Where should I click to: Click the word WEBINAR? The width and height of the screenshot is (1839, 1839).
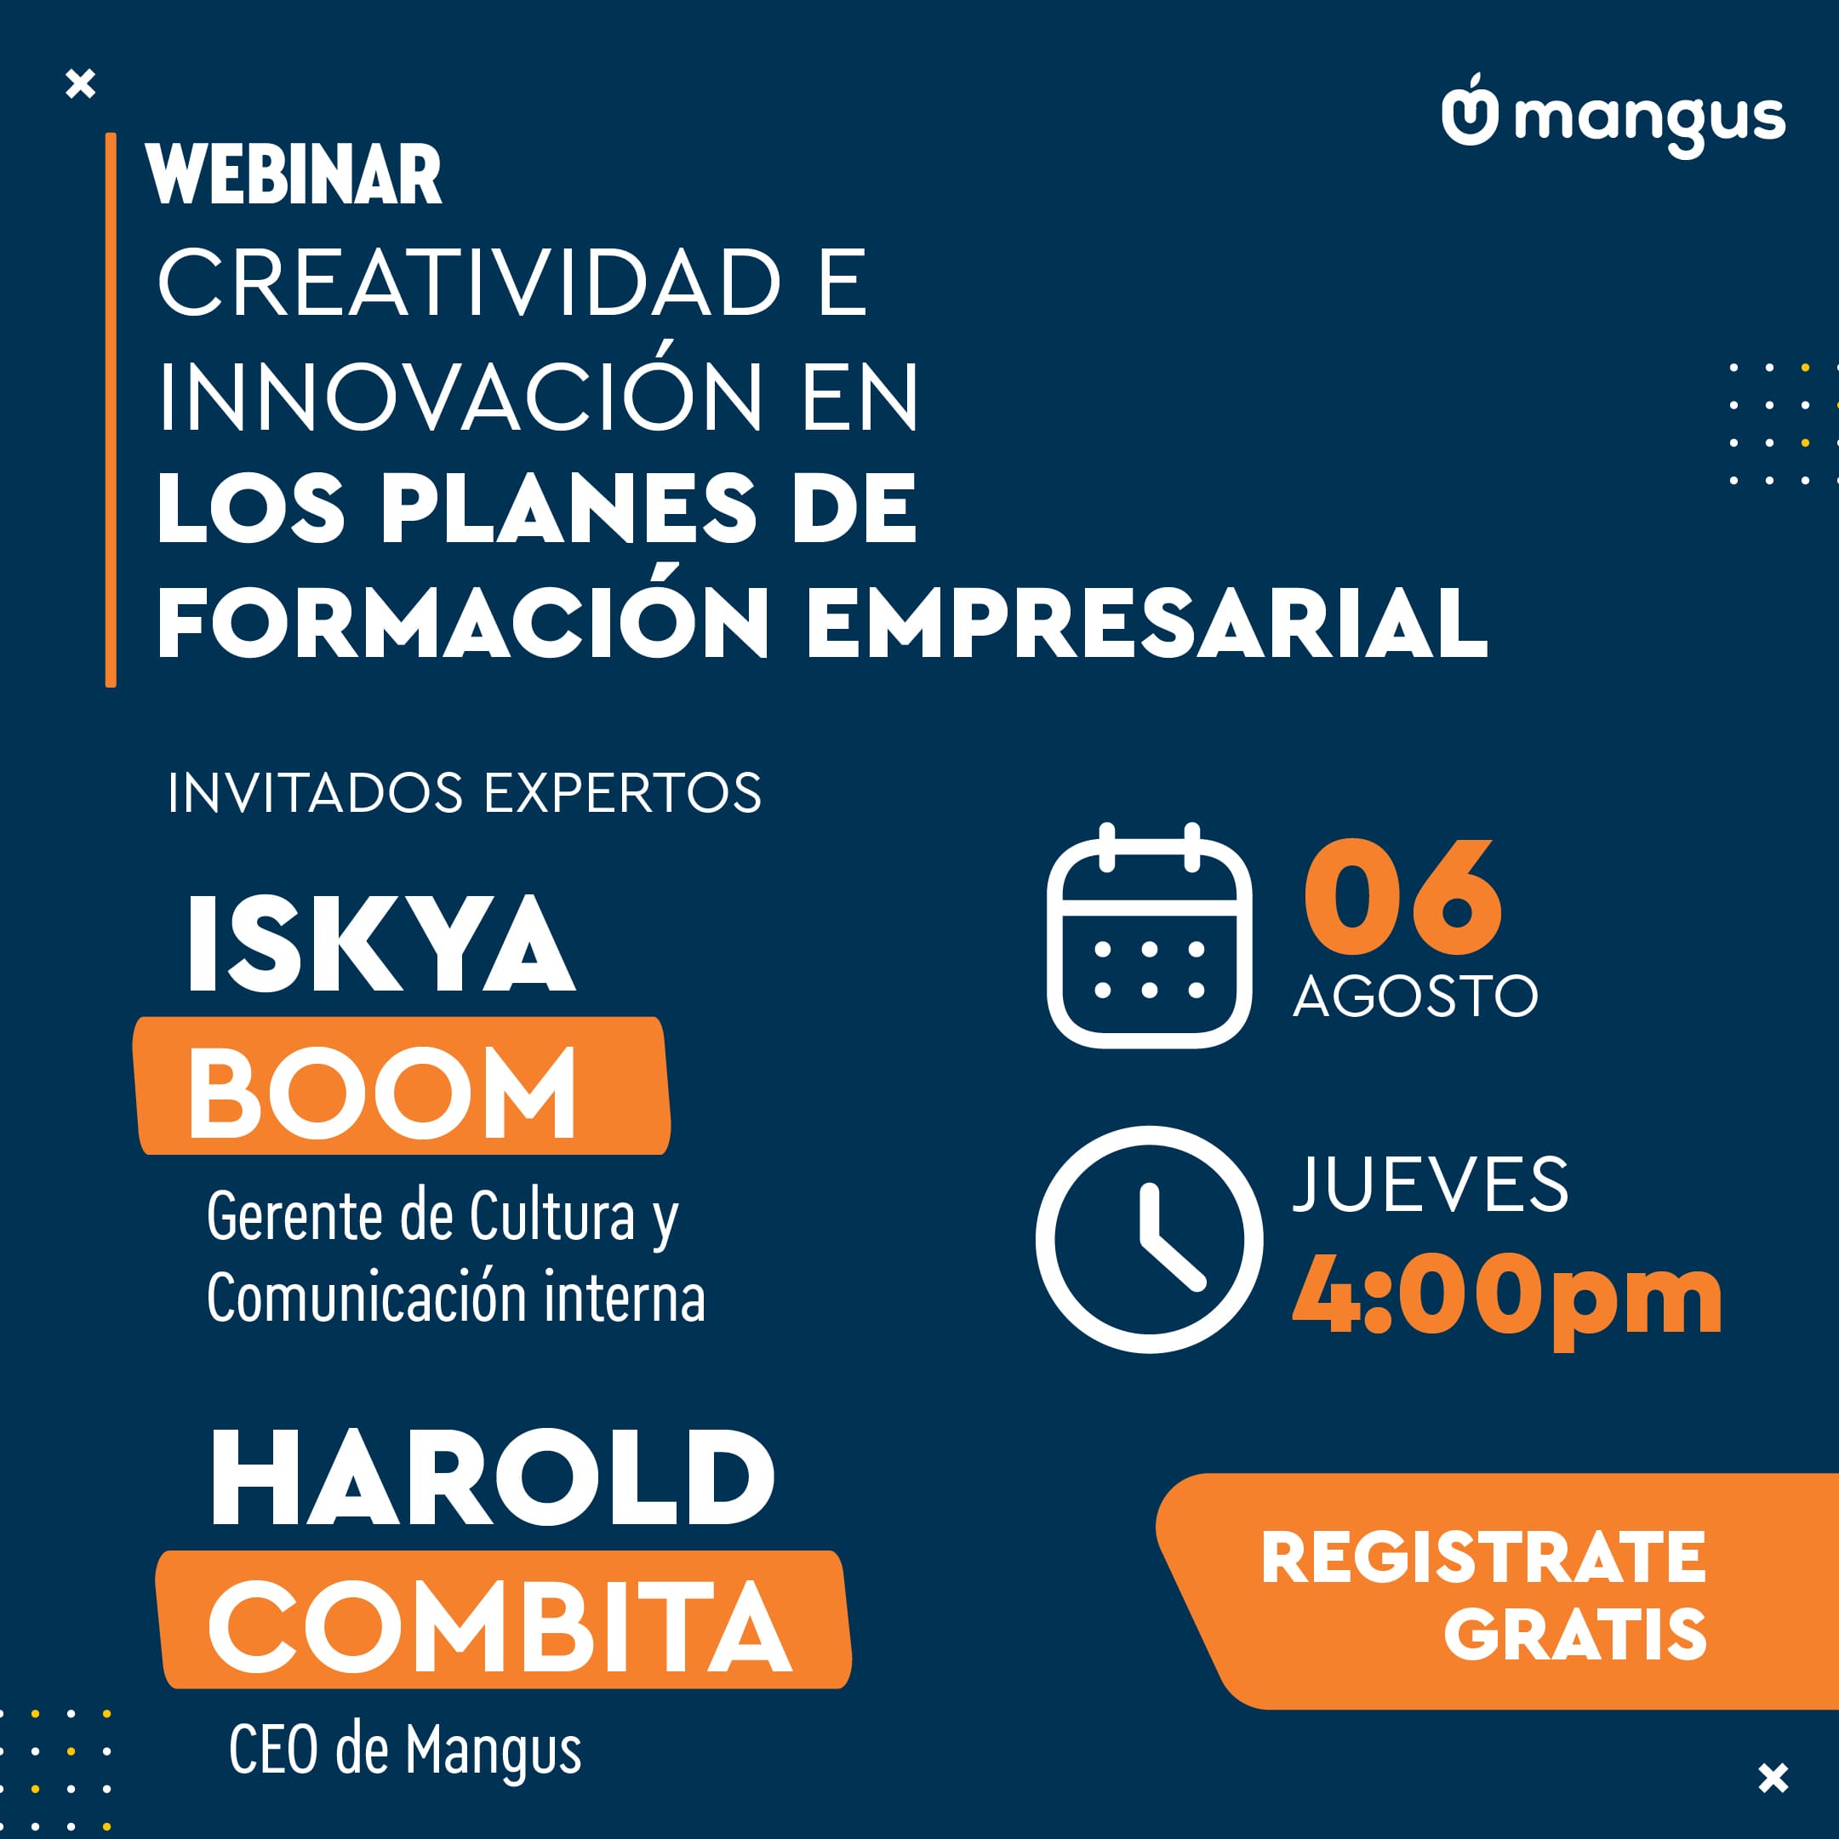click(x=294, y=174)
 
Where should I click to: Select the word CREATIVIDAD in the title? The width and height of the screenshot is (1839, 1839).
click(x=468, y=283)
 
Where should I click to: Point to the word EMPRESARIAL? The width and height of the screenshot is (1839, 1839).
click(x=1147, y=623)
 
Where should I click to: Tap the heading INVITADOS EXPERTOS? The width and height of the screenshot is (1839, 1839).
click(x=465, y=793)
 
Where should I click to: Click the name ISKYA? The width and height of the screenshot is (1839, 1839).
click(x=380, y=945)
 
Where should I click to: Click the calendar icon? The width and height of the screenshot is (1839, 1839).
click(x=1149, y=936)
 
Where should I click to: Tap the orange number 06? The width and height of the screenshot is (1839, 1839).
click(x=1402, y=898)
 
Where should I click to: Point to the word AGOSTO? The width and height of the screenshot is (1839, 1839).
click(x=1415, y=997)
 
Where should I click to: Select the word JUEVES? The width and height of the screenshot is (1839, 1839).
click(x=1430, y=1185)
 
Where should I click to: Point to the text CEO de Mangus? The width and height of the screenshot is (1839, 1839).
click(x=404, y=1750)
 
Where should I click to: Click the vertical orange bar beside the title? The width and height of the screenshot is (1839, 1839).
click(x=111, y=409)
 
